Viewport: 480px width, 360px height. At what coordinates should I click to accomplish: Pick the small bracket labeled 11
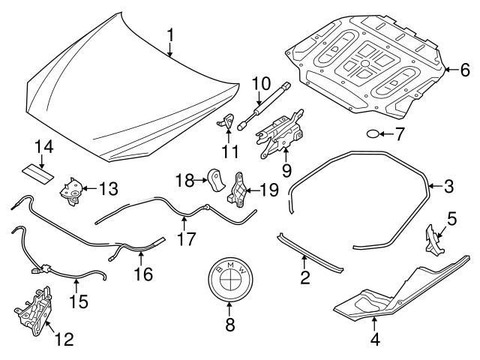[x=228, y=122]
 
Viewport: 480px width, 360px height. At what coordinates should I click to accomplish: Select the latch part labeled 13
[x=73, y=187]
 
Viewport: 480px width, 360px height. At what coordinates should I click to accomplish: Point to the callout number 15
[x=78, y=302]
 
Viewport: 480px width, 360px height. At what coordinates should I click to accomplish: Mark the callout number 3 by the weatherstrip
[x=448, y=185]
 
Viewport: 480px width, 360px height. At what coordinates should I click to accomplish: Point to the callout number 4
[x=375, y=340]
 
